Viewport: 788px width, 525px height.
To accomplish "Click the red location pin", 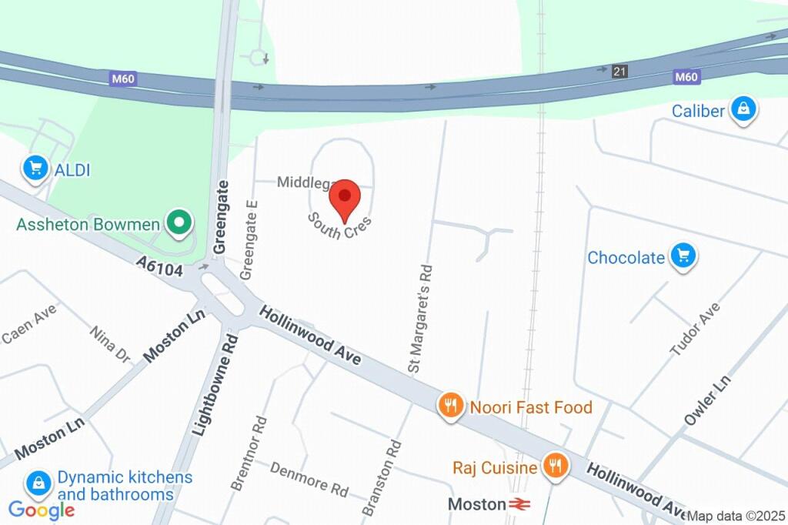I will pos(345,197).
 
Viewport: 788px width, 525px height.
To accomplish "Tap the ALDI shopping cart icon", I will pos(35,169).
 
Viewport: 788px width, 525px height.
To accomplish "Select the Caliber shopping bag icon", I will pos(744,110).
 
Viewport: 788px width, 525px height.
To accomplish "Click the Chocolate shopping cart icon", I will pos(683,256).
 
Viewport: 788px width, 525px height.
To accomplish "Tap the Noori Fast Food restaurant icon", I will pos(451,406).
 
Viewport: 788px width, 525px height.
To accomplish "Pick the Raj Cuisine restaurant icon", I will pos(554,466).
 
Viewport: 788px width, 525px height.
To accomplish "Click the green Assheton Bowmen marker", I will pos(179,224).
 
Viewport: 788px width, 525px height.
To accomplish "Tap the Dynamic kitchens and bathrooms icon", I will pos(38,483).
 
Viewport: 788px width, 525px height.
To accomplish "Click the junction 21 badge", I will pos(619,72).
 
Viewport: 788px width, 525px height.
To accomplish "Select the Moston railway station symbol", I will pos(519,505).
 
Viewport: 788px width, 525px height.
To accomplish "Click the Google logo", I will pos(42,509).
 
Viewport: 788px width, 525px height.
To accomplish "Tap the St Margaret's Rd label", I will pos(421,319).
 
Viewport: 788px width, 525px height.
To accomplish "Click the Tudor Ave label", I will pos(695,329).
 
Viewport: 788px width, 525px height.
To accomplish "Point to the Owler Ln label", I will pos(707,400).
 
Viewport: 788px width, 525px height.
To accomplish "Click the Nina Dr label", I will pos(110,344).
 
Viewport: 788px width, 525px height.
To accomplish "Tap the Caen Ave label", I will pos(29,324).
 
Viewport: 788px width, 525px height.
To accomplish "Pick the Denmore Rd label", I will pos(309,478).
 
